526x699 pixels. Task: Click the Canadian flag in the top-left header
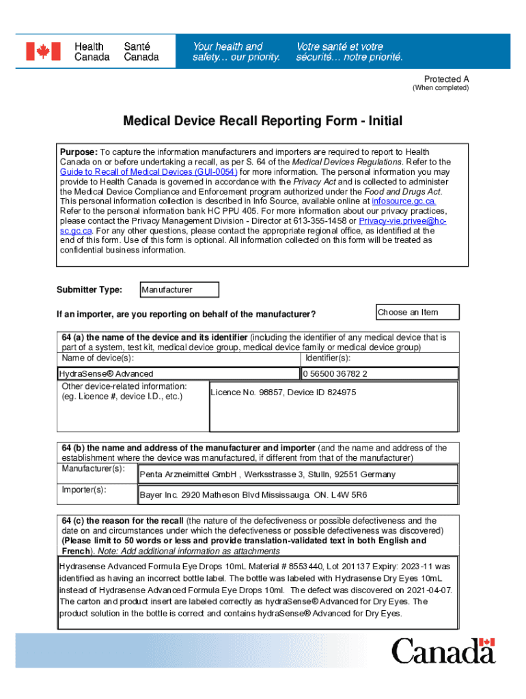tap(43, 51)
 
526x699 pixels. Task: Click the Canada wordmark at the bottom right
tap(443, 651)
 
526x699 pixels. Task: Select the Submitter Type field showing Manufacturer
tap(179, 290)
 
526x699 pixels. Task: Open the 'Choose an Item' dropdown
tap(417, 313)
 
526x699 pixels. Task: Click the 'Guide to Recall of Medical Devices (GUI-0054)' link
tap(148, 172)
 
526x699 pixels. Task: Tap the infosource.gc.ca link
tap(404, 201)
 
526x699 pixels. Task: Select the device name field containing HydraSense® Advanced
tap(178, 374)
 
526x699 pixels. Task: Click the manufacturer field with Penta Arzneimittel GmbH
tap(298, 474)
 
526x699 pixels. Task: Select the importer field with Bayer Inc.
tap(298, 494)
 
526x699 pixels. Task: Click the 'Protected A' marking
tap(446, 79)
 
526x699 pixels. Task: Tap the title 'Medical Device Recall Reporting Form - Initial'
tap(263, 122)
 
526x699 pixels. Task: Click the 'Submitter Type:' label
tap(89, 290)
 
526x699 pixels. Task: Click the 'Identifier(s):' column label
tap(328, 358)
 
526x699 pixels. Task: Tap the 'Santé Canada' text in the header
tap(141, 52)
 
